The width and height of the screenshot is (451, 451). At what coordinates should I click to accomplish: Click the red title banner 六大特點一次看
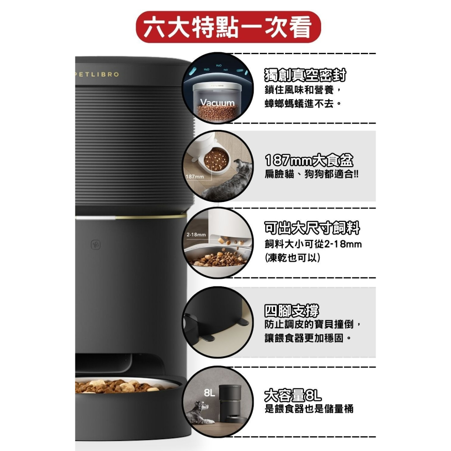(x=228, y=28)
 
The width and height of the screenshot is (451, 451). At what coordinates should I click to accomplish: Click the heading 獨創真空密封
(x=305, y=76)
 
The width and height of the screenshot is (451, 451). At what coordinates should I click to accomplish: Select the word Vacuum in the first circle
(x=218, y=102)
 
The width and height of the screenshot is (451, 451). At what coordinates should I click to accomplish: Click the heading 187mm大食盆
(x=309, y=161)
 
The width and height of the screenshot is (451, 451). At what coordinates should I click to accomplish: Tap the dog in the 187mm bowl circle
(x=225, y=183)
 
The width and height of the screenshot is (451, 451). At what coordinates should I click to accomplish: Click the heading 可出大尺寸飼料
(x=312, y=229)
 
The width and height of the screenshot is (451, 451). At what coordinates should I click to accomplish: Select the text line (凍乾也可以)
(x=293, y=259)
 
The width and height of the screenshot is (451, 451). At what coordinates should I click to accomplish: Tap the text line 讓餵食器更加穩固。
(x=308, y=337)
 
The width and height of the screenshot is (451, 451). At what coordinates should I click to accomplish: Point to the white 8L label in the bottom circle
(x=209, y=393)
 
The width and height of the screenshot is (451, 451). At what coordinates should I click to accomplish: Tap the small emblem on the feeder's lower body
(x=96, y=244)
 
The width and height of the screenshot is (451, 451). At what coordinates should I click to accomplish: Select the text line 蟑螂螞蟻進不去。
(x=302, y=103)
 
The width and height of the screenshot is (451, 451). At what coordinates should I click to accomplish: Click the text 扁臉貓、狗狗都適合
(x=311, y=174)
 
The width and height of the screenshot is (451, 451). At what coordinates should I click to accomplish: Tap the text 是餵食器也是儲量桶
(x=309, y=409)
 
